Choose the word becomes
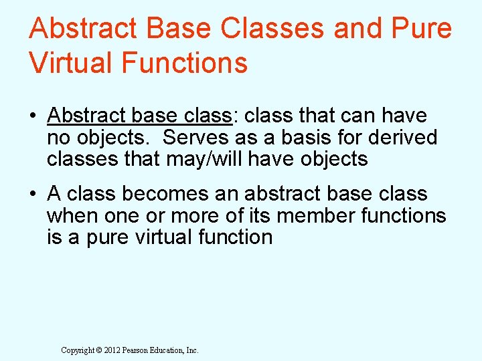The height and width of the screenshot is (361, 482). point(161,194)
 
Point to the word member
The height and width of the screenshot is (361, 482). point(307,215)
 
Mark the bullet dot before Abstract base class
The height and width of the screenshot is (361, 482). point(33,116)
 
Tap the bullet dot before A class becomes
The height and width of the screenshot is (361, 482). point(33,195)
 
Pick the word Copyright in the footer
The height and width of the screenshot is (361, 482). point(74,350)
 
